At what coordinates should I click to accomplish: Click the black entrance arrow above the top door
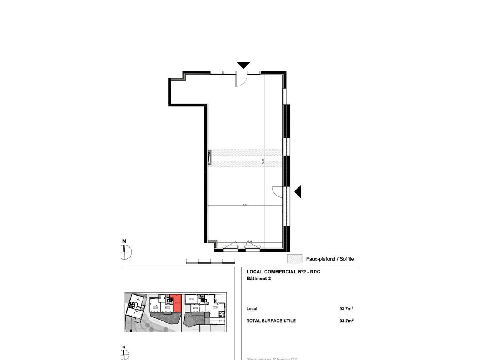(x=243, y=64)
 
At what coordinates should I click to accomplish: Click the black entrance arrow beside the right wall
(x=298, y=192)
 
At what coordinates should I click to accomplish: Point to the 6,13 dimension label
(x=245, y=205)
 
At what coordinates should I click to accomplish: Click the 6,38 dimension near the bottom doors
(x=249, y=241)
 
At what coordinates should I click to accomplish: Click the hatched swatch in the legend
(x=295, y=258)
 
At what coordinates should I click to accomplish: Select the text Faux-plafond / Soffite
(x=330, y=259)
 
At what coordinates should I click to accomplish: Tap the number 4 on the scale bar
(x=235, y=259)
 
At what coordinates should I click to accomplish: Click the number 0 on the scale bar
(x=186, y=259)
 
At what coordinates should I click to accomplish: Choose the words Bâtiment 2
(x=259, y=279)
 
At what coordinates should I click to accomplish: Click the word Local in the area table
(x=252, y=309)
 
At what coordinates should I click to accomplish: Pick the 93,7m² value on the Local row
(x=346, y=309)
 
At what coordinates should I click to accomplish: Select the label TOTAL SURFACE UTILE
(x=271, y=321)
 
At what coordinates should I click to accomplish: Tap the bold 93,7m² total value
(x=346, y=321)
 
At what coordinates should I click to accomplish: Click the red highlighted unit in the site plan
(x=176, y=303)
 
